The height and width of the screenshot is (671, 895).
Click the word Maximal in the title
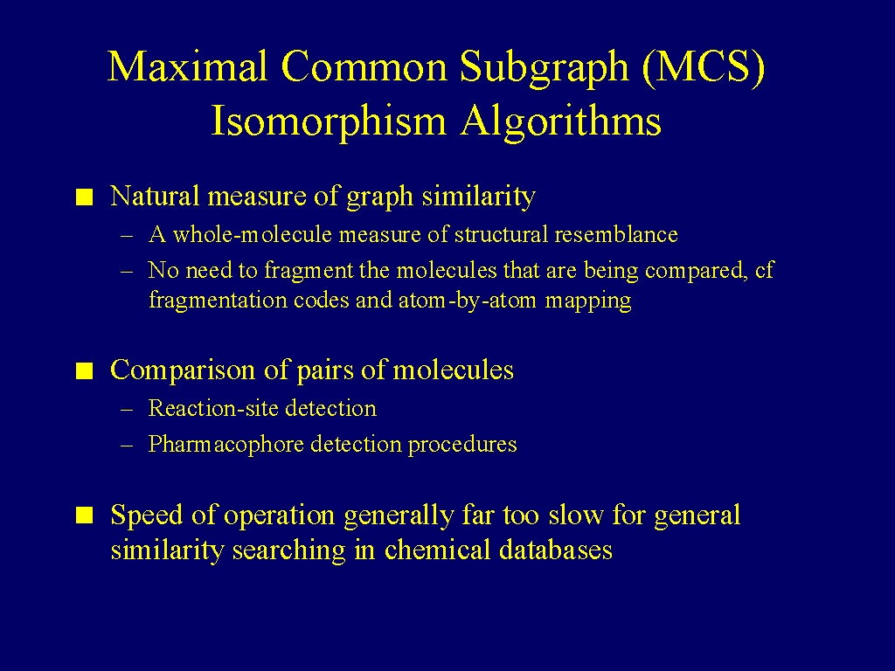click(x=188, y=66)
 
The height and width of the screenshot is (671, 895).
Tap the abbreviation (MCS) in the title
click(x=704, y=66)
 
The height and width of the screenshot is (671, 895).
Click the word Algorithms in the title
click(x=560, y=121)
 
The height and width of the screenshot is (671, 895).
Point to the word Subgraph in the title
click(x=544, y=68)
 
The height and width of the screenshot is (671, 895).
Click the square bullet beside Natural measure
click(x=85, y=197)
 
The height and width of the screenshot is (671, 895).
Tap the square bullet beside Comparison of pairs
click(x=85, y=371)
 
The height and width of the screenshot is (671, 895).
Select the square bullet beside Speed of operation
click(x=85, y=515)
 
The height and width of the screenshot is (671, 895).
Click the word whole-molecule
click(x=252, y=234)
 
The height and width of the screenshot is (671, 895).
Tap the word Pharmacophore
click(x=225, y=444)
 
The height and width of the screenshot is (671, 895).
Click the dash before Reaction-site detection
click(x=128, y=410)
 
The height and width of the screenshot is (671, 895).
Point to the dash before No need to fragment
click(x=128, y=271)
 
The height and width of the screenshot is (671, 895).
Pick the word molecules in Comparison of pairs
click(x=454, y=370)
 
